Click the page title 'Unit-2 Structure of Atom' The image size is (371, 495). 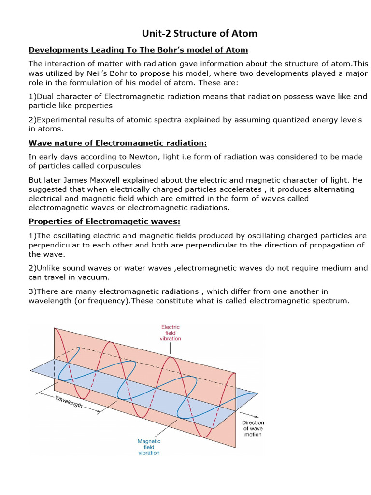tap(199, 33)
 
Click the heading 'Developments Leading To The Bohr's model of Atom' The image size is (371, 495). tap(138, 50)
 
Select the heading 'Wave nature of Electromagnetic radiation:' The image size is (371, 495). tap(118, 143)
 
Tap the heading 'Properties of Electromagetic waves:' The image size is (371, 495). tap(104, 221)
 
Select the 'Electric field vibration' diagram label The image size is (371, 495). tap(171, 333)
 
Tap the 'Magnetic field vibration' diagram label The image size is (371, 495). tap(149, 447)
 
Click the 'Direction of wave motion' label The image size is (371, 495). tap(253, 428)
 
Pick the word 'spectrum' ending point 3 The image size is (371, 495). tap(331, 301)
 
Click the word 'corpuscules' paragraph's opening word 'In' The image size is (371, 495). tap(32, 157)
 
